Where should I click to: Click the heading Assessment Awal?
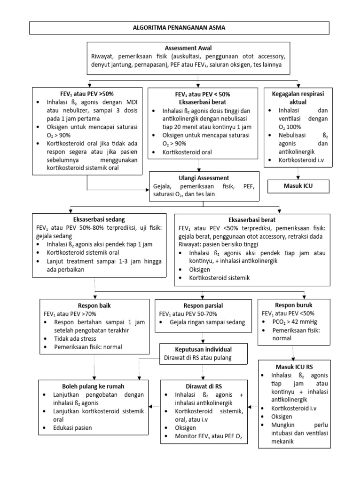tap(188, 48)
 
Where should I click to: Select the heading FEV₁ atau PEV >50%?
tap(87, 94)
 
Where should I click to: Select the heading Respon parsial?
tap(203, 305)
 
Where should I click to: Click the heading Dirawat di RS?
tap(203, 386)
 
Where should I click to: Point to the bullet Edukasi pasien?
tap(73, 428)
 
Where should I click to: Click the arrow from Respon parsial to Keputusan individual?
tap(203, 337)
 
